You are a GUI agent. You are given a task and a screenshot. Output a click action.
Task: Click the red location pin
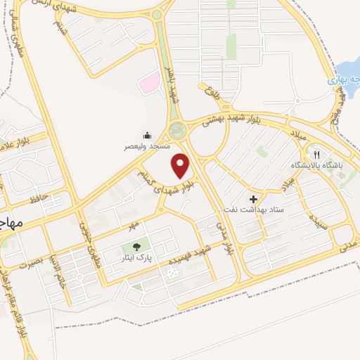[181, 166]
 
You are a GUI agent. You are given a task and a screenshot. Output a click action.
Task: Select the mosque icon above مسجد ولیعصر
[147, 135]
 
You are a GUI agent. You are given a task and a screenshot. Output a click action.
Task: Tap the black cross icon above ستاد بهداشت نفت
[252, 198]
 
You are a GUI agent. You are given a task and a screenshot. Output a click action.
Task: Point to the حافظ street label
[39, 198]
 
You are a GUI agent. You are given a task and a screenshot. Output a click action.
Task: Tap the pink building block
[148, 84]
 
